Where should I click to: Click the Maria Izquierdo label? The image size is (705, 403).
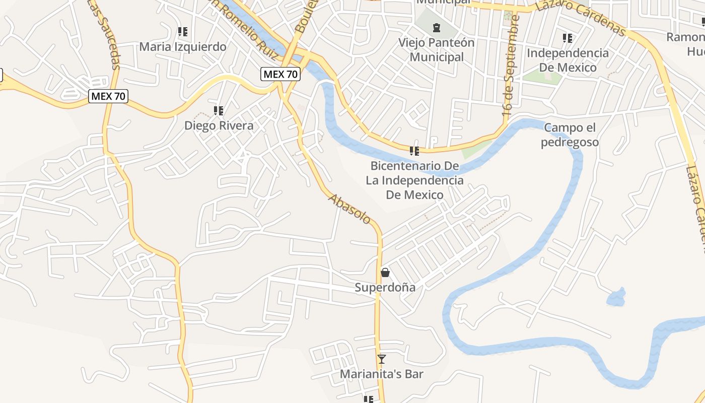[182, 47]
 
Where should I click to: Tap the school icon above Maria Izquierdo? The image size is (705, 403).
[183, 32]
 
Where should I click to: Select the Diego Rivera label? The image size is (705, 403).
[219, 125]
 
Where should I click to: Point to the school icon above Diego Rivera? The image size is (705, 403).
[219, 110]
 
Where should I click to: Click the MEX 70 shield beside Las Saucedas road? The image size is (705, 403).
[108, 96]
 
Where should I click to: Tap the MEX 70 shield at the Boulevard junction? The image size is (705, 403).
[280, 75]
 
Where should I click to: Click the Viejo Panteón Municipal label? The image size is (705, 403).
[436, 49]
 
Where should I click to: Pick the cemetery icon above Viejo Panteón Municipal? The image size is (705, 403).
[437, 27]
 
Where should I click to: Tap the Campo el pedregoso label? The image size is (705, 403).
[570, 135]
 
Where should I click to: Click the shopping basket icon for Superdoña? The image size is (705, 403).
[385, 273]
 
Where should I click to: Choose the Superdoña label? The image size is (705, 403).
[385, 288]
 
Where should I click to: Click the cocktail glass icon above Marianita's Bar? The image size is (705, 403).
[382, 359]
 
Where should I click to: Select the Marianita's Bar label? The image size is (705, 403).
[382, 374]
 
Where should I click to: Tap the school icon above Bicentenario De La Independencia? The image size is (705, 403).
[414, 151]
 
